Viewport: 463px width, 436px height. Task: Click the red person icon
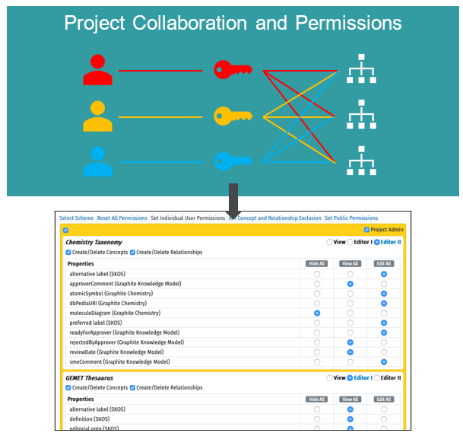click(x=98, y=70)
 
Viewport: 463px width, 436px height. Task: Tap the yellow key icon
click(x=233, y=116)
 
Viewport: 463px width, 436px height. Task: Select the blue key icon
click(x=233, y=161)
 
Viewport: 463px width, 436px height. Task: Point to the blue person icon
click(x=98, y=161)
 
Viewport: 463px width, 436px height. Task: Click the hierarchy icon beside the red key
click(x=361, y=70)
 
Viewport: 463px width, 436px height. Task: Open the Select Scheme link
click(x=76, y=218)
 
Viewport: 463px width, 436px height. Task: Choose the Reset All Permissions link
click(x=122, y=218)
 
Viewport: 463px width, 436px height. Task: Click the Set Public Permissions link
click(x=350, y=218)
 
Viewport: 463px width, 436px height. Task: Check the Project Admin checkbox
click(x=367, y=230)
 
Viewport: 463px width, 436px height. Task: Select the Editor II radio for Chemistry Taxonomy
click(x=376, y=242)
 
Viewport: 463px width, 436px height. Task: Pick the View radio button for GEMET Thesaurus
click(x=328, y=377)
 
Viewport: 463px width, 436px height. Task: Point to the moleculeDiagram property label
click(x=115, y=313)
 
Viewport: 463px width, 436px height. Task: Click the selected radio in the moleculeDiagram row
click(x=316, y=313)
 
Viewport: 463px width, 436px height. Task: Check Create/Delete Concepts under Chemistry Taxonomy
click(x=68, y=252)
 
